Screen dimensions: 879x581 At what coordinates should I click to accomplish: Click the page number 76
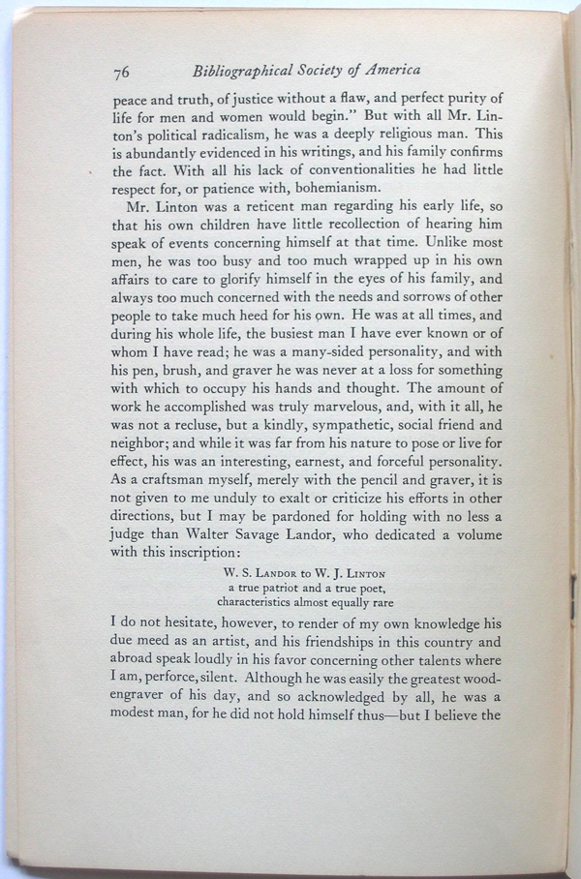[x=122, y=72]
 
